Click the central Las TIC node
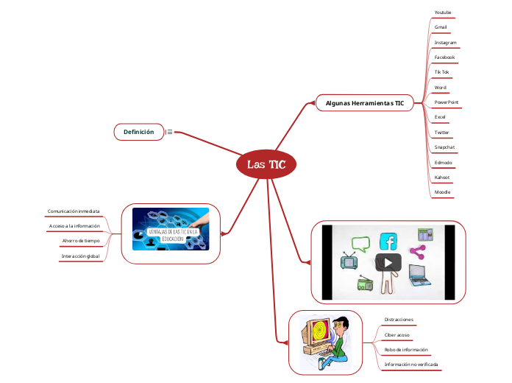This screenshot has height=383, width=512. coord(266,164)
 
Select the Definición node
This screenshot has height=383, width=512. coord(138,132)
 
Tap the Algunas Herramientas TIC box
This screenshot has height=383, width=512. coord(365,103)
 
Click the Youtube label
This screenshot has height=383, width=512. coord(443,13)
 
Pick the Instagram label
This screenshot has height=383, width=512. coord(445,43)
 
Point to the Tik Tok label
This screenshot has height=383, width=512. coord(441,72)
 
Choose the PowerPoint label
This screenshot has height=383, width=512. coord(447,102)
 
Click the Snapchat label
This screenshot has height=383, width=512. coord(444,147)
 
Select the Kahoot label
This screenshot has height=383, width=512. coord(443,178)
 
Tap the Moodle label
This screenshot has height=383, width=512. coord(442,192)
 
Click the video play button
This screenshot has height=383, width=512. coord(388,262)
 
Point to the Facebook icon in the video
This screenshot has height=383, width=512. coord(388,242)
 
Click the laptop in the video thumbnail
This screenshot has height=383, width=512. coord(421,275)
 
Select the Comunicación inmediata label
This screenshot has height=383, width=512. coord(74,211)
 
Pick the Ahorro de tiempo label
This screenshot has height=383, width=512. coord(81,241)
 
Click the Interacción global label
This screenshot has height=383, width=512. coord(80,256)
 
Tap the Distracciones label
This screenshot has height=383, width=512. coord(399,320)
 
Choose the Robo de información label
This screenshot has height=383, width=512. coord(406,350)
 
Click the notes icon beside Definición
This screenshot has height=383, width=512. coord(170,132)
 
